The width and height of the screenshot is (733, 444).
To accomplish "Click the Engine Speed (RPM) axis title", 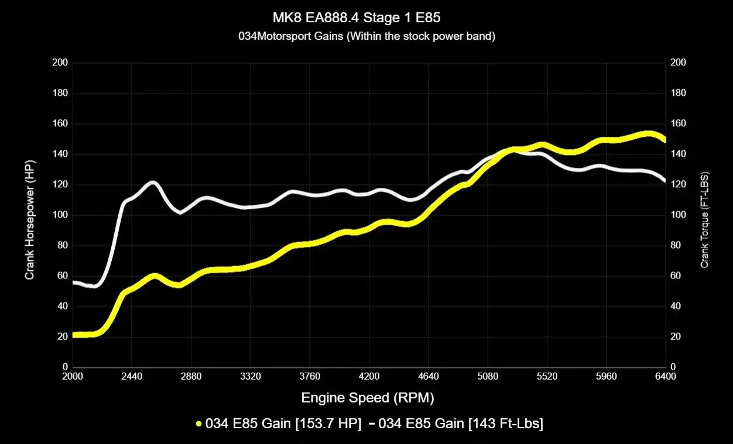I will (x=368, y=398).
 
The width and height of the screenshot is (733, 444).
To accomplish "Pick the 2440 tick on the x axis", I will (x=132, y=377).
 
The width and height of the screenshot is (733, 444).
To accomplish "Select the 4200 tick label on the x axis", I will (x=369, y=377).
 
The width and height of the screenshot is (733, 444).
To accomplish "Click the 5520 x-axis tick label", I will (x=547, y=377).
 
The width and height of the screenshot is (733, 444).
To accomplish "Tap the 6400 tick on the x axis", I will (x=665, y=377).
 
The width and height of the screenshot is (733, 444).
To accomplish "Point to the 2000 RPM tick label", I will (x=73, y=377).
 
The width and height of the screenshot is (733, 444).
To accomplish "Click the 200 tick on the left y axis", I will (x=60, y=63).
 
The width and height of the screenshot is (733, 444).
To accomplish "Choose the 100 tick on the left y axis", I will (x=60, y=215).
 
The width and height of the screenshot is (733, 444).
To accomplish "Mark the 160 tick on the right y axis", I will (x=679, y=123).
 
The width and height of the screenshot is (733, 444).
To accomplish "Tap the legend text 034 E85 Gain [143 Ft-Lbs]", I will (x=461, y=424).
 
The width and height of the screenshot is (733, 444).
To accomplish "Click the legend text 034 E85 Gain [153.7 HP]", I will (x=283, y=424).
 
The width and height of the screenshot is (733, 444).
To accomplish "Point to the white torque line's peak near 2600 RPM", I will (x=152, y=182).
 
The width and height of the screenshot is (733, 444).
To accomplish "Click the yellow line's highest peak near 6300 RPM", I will (x=648, y=134).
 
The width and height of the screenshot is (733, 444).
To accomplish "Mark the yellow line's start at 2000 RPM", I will (x=74, y=335).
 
